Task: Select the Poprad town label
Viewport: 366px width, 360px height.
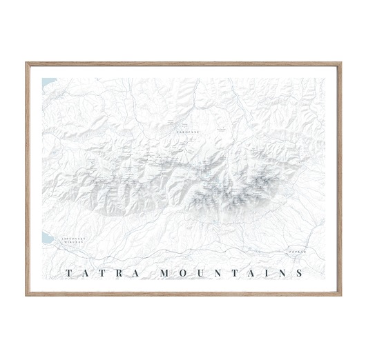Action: (296, 252)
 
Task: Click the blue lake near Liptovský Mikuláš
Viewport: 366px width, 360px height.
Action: (46, 239)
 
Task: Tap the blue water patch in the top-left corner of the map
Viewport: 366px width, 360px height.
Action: (46, 83)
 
